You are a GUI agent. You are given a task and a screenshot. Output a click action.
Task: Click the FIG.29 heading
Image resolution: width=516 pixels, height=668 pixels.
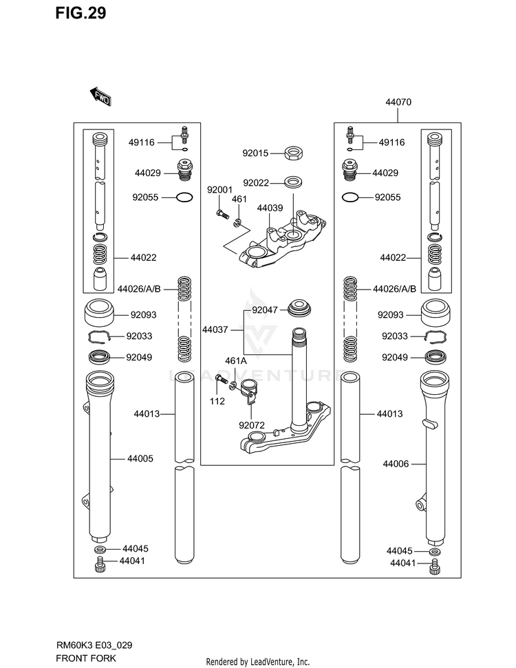80,13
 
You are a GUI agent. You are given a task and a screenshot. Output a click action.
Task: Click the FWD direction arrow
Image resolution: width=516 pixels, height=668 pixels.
100,97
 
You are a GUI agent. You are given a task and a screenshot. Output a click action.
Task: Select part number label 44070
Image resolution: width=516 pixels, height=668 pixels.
398,102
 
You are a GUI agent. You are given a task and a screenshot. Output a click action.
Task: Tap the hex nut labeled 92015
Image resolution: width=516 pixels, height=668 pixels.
294,153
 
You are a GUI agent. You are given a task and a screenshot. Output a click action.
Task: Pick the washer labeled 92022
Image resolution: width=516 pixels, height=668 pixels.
293,182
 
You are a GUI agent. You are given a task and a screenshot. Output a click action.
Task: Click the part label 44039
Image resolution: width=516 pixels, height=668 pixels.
270,208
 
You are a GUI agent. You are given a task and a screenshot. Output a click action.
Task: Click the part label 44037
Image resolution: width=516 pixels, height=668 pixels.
215,330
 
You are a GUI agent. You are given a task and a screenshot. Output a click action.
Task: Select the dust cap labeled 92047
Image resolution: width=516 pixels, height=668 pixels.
300,308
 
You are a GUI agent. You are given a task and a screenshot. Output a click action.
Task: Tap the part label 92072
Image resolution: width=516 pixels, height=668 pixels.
251,425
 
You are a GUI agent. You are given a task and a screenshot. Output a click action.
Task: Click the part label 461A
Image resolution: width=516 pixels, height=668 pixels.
235,361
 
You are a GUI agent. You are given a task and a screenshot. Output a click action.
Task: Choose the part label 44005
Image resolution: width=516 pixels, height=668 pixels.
140,458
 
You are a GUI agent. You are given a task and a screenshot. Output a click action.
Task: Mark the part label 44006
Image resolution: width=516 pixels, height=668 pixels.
396,464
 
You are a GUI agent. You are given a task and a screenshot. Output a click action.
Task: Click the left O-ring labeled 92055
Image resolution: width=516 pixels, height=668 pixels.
184,197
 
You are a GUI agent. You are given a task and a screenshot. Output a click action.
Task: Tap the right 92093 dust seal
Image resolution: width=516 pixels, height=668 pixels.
436,314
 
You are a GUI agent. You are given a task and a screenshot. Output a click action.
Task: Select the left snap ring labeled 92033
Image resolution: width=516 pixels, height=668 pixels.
100,336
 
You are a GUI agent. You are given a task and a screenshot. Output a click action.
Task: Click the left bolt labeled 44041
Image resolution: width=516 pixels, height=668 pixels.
100,564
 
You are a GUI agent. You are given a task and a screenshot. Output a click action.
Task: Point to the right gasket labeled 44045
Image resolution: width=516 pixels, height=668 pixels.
434,552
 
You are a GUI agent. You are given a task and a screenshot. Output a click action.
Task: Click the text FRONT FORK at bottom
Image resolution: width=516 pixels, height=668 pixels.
85,658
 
